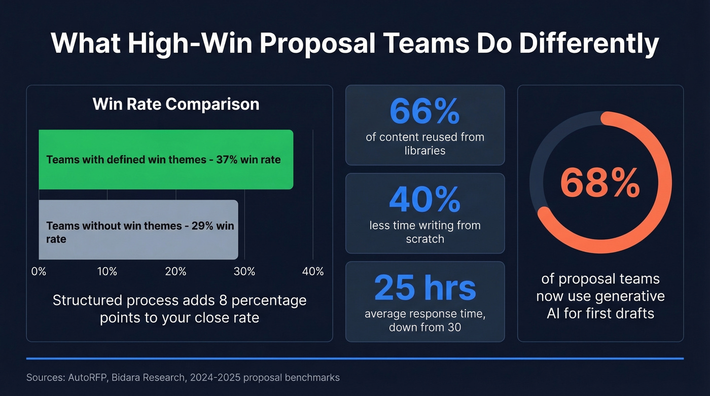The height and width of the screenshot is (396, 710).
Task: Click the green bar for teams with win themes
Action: pos(166,160)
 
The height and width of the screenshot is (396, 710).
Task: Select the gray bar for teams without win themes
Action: pos(138,230)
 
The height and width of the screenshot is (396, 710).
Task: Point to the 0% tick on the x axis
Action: pos(39,272)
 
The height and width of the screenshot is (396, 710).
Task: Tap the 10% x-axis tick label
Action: pos(107,272)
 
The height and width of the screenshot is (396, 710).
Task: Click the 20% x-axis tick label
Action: pos(175,272)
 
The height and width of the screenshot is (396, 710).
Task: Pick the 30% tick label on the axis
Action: pos(244,272)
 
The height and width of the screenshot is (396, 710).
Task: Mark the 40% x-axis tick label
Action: pos(312,272)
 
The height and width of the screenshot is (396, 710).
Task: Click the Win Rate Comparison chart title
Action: pos(176,104)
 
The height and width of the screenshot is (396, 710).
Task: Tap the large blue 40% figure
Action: pos(424,200)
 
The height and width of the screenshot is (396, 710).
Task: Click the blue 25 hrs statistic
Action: pos(425,287)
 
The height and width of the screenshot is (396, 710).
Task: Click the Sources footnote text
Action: pos(183,378)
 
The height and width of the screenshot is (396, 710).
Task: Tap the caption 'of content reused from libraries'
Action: pos(425,143)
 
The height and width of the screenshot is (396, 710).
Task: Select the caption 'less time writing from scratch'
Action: pos(425,232)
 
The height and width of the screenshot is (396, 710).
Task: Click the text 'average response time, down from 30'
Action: pos(425,320)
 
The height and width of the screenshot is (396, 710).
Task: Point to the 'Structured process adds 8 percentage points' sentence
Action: pos(180,309)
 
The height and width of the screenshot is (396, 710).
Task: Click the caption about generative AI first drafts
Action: pos(600,296)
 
